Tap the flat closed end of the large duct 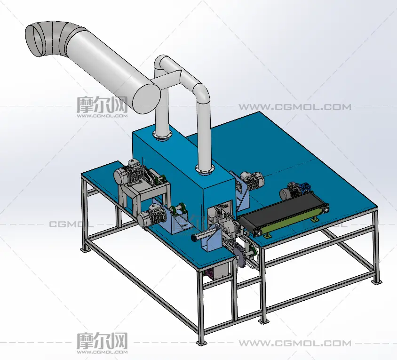147,99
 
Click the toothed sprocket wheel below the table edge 242,257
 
